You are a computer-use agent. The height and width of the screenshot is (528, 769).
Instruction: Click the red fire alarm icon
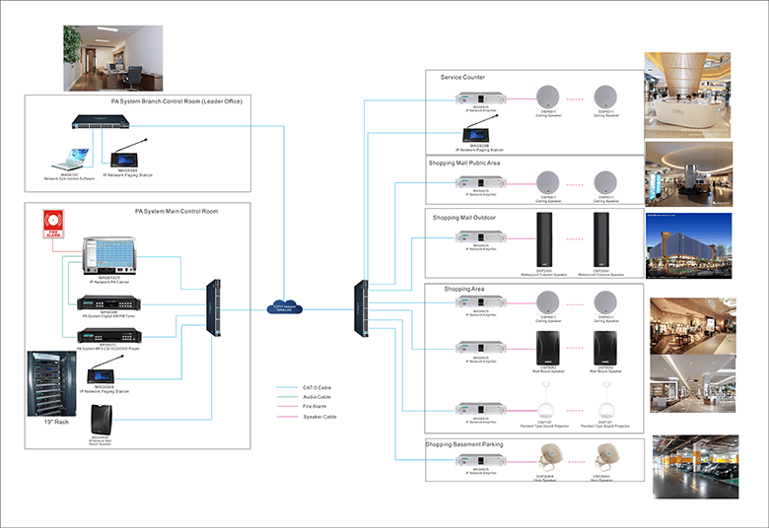tap(52, 225)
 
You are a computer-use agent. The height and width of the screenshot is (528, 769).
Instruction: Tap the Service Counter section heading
tap(462, 77)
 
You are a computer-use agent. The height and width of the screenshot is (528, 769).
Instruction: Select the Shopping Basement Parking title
tap(464, 444)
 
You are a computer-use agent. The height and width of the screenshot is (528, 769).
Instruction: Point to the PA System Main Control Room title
tap(176, 211)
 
